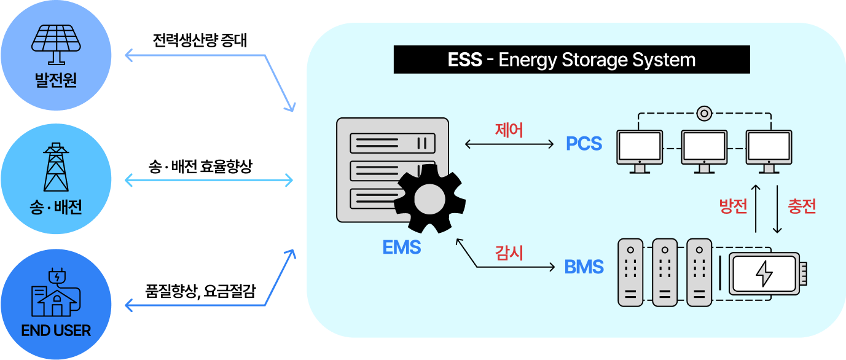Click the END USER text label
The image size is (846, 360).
(56, 331)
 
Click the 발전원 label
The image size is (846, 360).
(56, 80)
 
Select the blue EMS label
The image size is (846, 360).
(401, 248)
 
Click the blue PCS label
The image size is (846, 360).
(584, 144)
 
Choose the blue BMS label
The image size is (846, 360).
(584, 267)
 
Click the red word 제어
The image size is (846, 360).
(509, 130)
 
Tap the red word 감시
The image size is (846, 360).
(509, 252)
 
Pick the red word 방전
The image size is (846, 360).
(733, 206)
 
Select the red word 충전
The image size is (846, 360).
(802, 206)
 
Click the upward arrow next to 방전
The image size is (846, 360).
(756, 208)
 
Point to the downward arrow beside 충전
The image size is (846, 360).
(777, 208)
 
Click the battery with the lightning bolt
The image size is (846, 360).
(764, 273)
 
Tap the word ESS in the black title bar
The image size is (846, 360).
(464, 60)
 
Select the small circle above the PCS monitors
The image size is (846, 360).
(704, 114)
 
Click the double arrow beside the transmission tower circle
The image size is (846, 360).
(209, 181)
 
